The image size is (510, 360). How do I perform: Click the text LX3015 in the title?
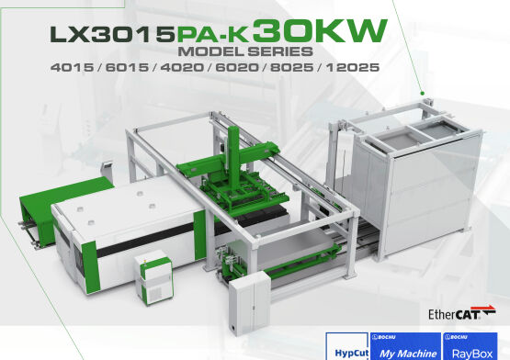[112, 34]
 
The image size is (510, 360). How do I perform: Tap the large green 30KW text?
[320, 30]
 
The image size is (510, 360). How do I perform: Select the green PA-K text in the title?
[213, 35]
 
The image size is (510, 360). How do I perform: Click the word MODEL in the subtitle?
[210, 51]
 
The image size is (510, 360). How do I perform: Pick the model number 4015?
[72, 67]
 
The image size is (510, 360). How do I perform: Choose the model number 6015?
[127, 67]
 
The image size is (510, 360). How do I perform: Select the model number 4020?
[182, 67]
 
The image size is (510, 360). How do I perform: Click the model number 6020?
[237, 67]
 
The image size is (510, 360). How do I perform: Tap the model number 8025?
[291, 67]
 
